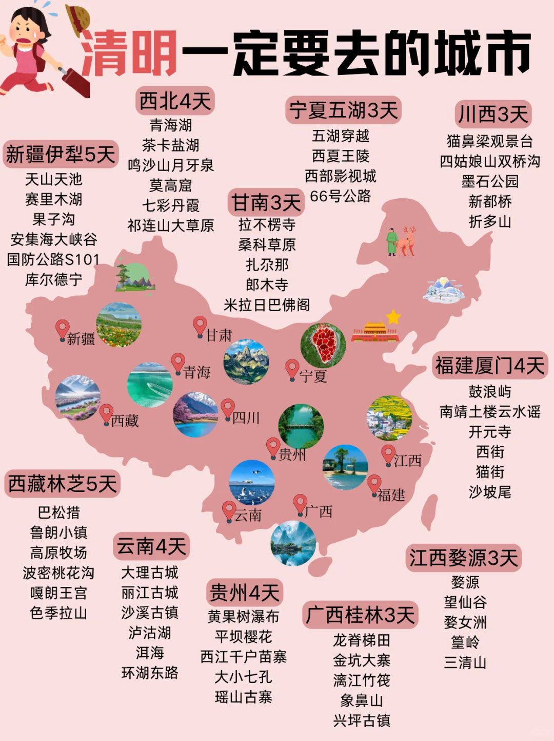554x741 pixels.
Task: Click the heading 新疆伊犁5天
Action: click(x=61, y=154)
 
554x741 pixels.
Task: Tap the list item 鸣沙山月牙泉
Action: click(x=170, y=165)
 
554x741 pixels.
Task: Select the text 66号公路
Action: click(x=340, y=196)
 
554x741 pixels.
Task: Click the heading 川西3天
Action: click(x=492, y=114)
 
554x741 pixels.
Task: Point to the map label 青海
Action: click(x=197, y=372)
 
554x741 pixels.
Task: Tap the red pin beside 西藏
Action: click(x=106, y=413)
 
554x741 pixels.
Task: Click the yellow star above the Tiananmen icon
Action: click(x=393, y=317)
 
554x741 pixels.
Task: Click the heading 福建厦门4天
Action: click(x=489, y=366)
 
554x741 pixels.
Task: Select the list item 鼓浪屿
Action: click(x=489, y=392)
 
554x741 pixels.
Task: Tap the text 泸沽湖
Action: click(x=150, y=633)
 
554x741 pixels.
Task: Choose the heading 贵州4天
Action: click(x=244, y=593)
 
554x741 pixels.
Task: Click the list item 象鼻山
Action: click(x=362, y=700)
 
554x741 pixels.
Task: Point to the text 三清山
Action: click(x=465, y=662)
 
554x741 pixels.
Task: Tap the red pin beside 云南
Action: click(x=228, y=510)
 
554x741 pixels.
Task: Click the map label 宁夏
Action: click(x=313, y=376)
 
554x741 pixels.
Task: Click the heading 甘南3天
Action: click(x=266, y=203)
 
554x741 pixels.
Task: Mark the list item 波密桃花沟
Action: click(x=58, y=573)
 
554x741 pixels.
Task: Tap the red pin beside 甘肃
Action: click(x=200, y=326)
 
